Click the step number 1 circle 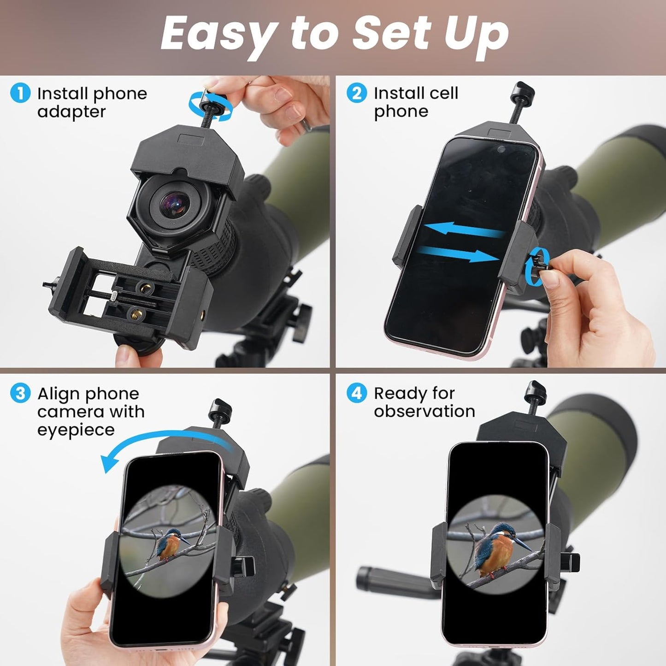[x=20, y=94]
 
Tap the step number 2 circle [x=357, y=93]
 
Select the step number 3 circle [x=20, y=394]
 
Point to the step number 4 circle [x=357, y=393]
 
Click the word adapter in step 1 [x=71, y=112]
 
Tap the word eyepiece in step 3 [x=76, y=430]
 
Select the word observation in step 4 [x=424, y=411]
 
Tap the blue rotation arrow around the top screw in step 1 [x=210, y=106]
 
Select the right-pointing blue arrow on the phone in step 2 [x=459, y=254]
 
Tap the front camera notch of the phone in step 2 [x=501, y=149]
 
